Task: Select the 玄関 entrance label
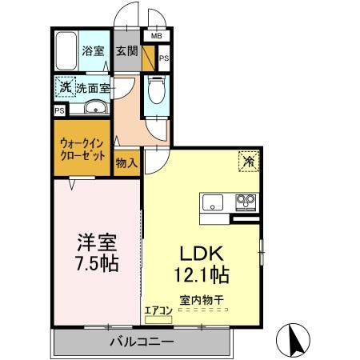click(126, 51)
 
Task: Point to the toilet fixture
click(155, 90)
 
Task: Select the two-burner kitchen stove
click(246, 201)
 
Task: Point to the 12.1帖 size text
click(203, 276)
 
